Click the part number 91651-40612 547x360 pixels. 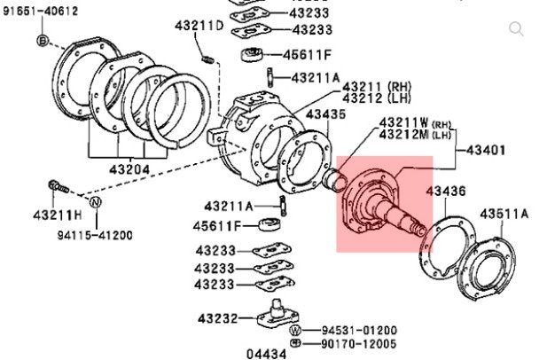click(x=39, y=12)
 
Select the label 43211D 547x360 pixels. click(x=199, y=26)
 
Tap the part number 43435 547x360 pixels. click(x=326, y=114)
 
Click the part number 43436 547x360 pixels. click(x=445, y=192)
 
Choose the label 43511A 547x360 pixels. click(x=504, y=214)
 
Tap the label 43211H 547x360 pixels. click(x=56, y=216)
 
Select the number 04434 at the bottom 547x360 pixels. click(x=267, y=353)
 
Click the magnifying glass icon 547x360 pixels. click(x=517, y=29)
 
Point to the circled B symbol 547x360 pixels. click(x=42, y=42)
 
